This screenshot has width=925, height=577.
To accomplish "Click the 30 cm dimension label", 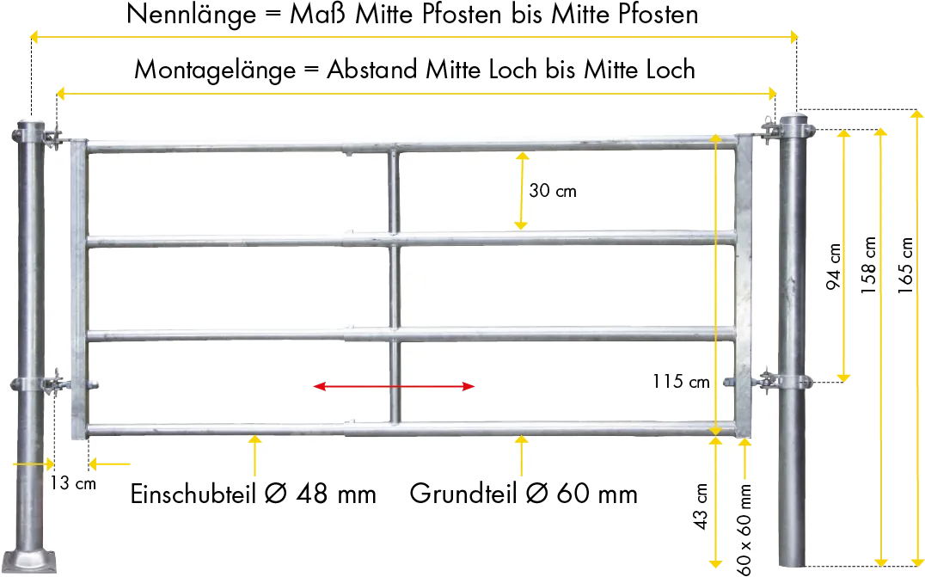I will (x=553, y=191).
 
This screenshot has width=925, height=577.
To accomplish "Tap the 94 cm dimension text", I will (x=833, y=266).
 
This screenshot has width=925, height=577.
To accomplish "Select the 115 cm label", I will (x=682, y=381).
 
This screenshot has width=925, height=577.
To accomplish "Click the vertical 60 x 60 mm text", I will (x=744, y=529).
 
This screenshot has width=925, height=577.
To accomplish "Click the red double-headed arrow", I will (x=395, y=386).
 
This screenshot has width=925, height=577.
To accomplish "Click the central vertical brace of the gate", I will (x=393, y=284).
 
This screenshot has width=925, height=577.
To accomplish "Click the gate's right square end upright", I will (x=743, y=284).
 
